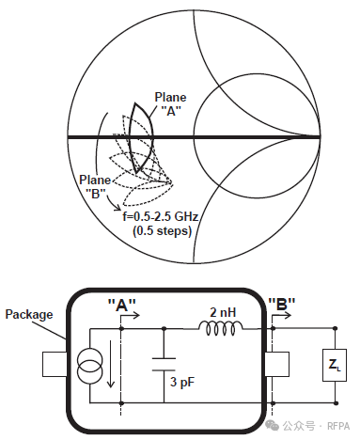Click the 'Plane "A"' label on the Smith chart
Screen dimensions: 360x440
point(170,104)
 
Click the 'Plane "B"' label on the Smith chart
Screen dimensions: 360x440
point(95,187)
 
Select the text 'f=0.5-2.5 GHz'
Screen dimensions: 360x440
point(161,216)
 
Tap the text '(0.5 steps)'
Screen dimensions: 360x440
point(162,231)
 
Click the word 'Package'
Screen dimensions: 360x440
point(29,314)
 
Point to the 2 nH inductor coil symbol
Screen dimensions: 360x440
point(221,328)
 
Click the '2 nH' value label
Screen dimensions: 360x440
point(223,312)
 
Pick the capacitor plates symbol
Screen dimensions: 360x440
point(164,364)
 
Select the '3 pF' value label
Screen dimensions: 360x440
point(182,382)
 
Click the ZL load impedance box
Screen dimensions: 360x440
point(335,365)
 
